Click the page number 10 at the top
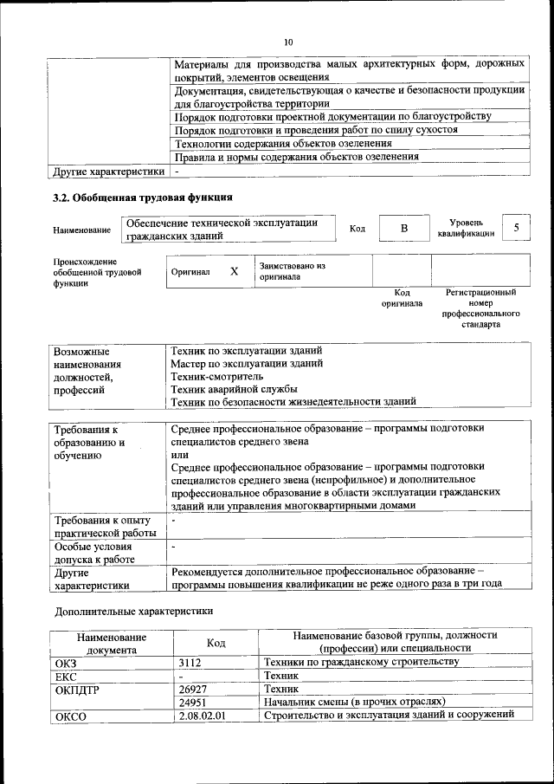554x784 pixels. click(288, 42)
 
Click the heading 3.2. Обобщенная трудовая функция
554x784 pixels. click(143, 197)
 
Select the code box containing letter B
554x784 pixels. click(403, 228)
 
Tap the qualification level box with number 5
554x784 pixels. click(517, 227)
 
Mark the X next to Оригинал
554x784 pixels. click(234, 271)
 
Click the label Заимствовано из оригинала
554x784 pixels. click(292, 271)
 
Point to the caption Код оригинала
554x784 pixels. click(403, 299)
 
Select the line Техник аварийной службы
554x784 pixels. click(228, 389)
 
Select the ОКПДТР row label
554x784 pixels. click(77, 689)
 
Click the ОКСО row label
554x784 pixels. click(71, 716)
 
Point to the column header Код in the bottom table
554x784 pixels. click(216, 643)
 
